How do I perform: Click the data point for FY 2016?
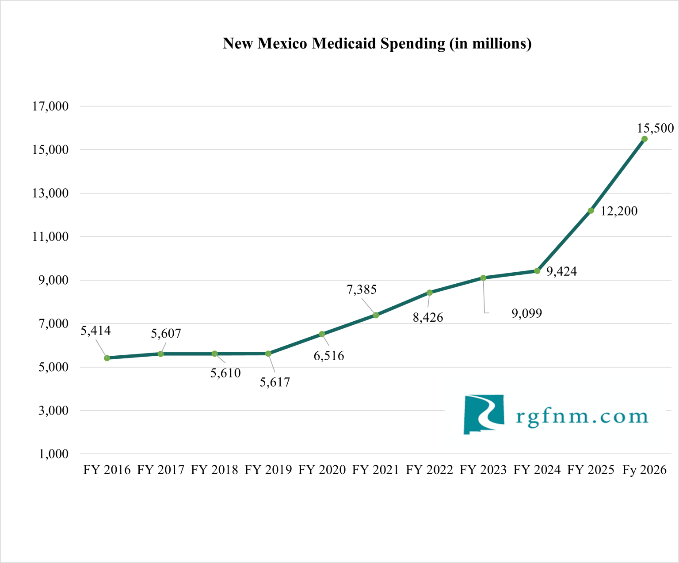(x=107, y=358)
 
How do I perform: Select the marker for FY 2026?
(x=645, y=139)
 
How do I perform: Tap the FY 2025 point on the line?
(x=591, y=211)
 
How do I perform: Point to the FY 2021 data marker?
(x=376, y=315)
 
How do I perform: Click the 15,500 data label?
(x=655, y=128)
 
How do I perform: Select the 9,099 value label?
(x=526, y=313)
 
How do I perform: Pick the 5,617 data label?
(x=275, y=382)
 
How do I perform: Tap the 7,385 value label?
(x=362, y=289)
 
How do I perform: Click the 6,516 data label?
(x=329, y=356)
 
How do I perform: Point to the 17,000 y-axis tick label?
(x=50, y=106)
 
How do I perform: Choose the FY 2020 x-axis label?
(x=322, y=470)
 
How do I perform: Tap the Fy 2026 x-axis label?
(x=644, y=470)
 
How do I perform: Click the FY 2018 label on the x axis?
(x=214, y=470)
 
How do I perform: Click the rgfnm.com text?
(x=582, y=416)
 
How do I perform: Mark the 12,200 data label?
(x=619, y=211)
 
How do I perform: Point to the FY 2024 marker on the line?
(x=537, y=271)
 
